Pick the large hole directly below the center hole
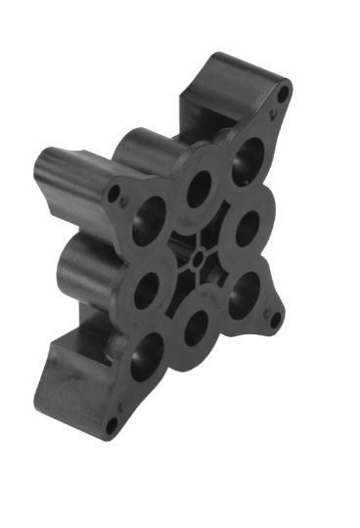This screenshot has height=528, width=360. (196, 327)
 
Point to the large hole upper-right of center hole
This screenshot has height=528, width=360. (248, 227)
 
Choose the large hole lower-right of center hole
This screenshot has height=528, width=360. (244, 291)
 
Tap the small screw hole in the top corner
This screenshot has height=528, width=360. (284, 95)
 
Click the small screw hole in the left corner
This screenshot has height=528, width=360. (115, 193)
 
